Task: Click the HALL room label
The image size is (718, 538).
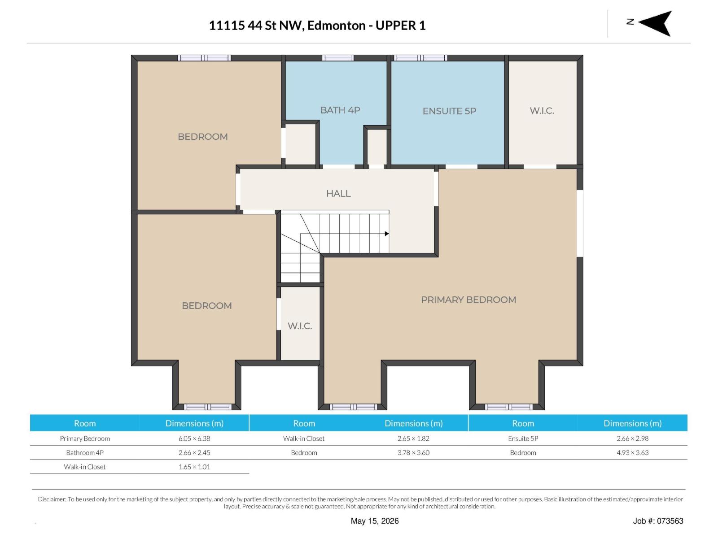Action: coord(338,193)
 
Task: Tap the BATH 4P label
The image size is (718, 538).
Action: coord(340,110)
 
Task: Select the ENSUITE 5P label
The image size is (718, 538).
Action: coord(449,111)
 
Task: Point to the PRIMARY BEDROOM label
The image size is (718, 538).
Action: coord(468,299)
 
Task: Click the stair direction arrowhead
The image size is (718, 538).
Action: coord(387,234)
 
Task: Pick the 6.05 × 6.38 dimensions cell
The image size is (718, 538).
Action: coord(194,438)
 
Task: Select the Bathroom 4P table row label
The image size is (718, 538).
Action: coord(85,452)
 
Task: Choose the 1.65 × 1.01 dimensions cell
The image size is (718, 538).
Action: coord(194,467)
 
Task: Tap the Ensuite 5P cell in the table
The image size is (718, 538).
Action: coord(523,438)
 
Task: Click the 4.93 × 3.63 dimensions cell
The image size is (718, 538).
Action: coord(632,452)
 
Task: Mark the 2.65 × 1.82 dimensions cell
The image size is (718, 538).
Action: coord(413,438)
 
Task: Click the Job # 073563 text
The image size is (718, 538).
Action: coord(658,521)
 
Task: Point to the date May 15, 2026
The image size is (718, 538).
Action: coord(375,521)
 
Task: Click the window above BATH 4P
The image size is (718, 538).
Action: coord(337,58)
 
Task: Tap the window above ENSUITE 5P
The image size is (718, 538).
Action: coord(420,58)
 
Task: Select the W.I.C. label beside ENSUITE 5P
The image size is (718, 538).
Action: coord(542,111)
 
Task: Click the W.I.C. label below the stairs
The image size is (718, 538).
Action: coord(300,325)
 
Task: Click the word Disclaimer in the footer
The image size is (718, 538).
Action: coord(52,499)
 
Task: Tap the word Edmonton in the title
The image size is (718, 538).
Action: coord(336,26)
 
